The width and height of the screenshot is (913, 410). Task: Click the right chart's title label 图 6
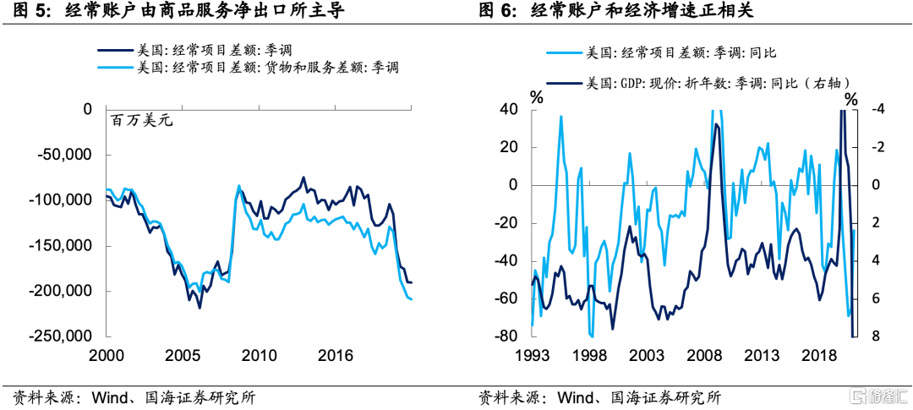tap(498, 11)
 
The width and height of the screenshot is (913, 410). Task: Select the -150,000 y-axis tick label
tap(64, 246)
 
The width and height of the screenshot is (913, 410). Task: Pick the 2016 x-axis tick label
tap(335, 353)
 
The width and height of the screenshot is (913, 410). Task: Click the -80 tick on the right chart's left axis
tap(509, 336)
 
